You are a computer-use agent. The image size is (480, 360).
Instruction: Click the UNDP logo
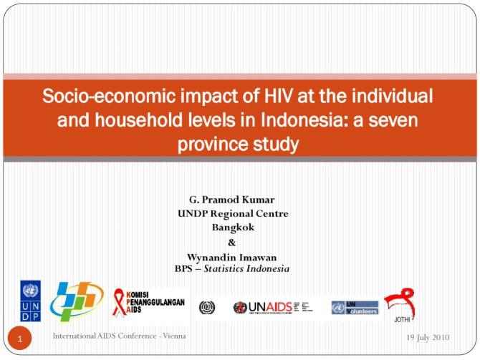tap(30, 301)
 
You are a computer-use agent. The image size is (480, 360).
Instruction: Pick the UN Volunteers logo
tap(355, 307)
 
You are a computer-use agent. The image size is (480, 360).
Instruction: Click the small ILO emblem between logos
tap(207, 307)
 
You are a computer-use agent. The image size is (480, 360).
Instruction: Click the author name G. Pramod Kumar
tap(231, 200)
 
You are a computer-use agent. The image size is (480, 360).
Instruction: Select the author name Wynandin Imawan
tap(231, 256)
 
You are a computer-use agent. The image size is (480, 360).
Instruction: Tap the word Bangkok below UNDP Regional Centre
tap(231, 227)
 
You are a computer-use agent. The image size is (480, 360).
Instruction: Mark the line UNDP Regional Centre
tap(231, 213)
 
